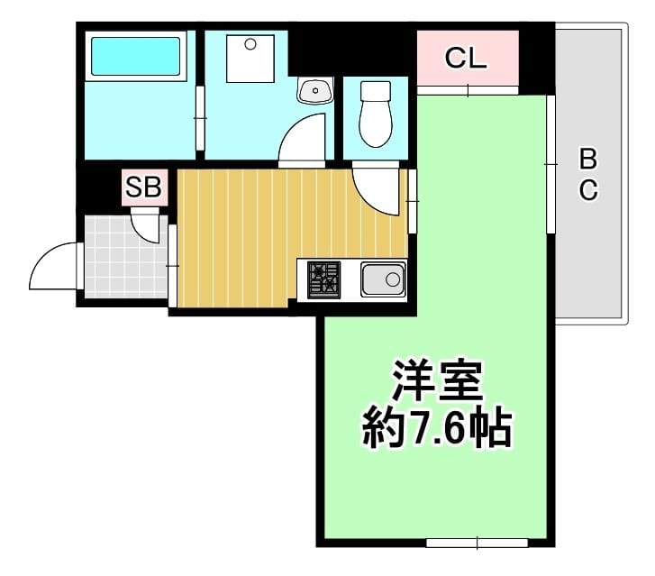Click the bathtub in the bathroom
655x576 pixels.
tap(136, 56)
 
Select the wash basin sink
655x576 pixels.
tap(315, 90)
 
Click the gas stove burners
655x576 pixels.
tap(323, 279)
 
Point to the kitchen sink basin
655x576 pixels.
tap(383, 279)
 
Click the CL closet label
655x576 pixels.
tap(466, 58)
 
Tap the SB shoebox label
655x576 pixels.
tap(143, 187)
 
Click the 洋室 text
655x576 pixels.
tap(437, 380)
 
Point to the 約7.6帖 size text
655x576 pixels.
tap(437, 428)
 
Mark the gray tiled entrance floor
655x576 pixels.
tap(126, 257)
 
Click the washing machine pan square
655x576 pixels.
tap(250, 59)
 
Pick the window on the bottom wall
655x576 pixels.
tap(477, 543)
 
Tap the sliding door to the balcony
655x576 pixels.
tap(551, 164)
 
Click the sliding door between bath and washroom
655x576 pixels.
tap(200, 118)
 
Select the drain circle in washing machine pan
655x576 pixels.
tap(250, 44)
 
